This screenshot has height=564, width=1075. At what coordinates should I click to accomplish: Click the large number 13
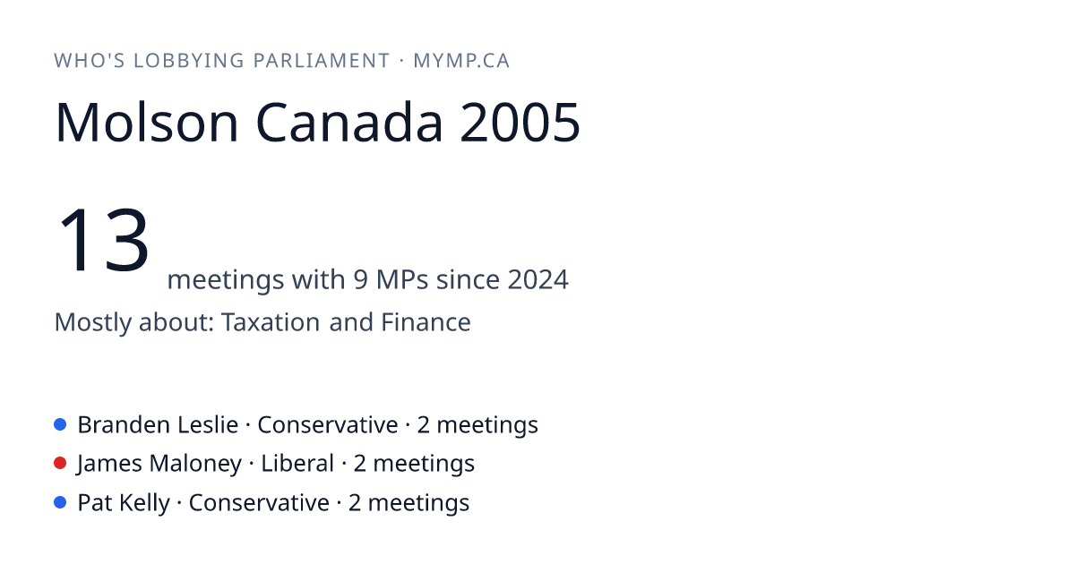click(103, 239)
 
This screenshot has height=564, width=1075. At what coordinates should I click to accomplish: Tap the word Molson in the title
click(147, 123)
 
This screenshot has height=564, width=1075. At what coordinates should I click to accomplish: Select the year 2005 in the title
click(520, 123)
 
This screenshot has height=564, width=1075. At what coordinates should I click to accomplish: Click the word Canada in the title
click(348, 123)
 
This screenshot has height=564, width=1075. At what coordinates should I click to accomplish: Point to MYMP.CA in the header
click(461, 61)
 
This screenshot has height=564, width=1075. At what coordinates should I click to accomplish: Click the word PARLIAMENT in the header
click(321, 61)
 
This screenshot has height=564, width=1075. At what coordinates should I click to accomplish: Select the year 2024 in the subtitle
click(538, 279)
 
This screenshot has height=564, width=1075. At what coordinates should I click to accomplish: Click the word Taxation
click(271, 321)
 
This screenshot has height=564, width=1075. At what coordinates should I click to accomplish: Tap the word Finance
click(426, 321)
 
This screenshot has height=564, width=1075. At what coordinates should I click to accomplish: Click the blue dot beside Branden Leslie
click(60, 424)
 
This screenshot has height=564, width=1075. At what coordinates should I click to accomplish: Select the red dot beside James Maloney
click(60, 464)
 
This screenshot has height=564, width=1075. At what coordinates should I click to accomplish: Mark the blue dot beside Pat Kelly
click(60, 502)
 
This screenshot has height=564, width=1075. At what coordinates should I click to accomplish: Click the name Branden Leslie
click(158, 425)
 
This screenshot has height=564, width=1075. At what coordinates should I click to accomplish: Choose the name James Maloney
click(159, 464)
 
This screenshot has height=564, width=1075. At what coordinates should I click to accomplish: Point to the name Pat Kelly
click(124, 503)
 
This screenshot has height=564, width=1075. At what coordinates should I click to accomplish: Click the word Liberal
click(297, 464)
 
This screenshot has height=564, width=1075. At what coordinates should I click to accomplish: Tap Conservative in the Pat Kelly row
click(259, 503)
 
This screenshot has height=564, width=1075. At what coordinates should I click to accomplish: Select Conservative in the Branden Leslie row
click(328, 425)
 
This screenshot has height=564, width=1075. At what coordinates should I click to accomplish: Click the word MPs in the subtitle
click(402, 279)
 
